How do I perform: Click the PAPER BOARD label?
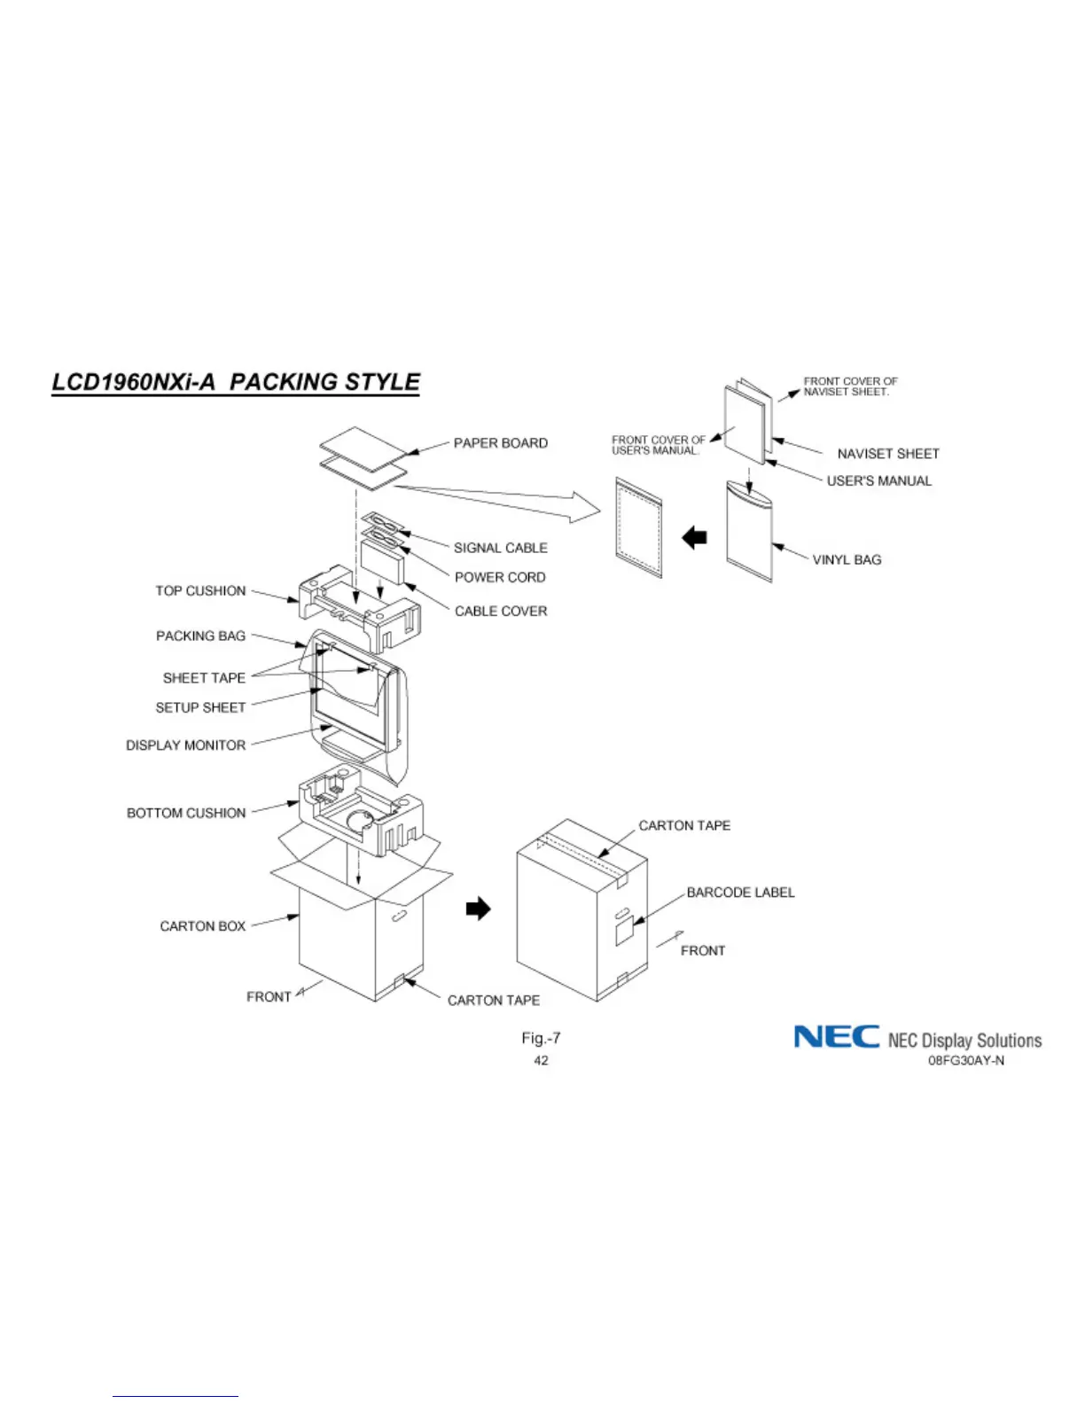[x=500, y=443]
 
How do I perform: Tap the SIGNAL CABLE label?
[x=500, y=548]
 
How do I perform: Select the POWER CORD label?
[x=500, y=577]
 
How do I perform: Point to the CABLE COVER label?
[x=501, y=611]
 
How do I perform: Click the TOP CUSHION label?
[x=200, y=591]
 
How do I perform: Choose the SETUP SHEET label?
[x=200, y=707]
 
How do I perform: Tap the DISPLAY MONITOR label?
[x=185, y=745]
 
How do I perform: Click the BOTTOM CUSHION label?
[x=186, y=813]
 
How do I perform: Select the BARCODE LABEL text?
[x=740, y=893]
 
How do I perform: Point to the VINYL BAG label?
[x=847, y=560]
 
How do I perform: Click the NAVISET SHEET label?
[x=887, y=454]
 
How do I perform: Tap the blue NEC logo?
[x=836, y=1037]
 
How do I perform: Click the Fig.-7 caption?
[x=541, y=1038]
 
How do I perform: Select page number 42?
[x=541, y=1061]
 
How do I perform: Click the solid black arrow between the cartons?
[x=478, y=909]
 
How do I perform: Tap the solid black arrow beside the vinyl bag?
[x=694, y=537]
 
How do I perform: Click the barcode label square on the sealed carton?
[x=625, y=931]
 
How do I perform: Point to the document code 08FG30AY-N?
[x=965, y=1061]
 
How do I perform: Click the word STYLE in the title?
[x=382, y=382]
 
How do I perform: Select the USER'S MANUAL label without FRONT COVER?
[x=878, y=481]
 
